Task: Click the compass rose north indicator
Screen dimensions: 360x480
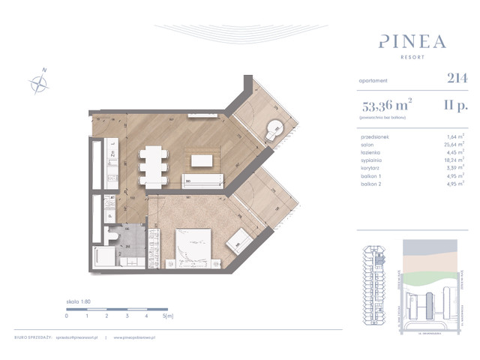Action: pyautogui.click(x=38, y=81)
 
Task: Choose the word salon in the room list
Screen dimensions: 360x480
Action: pyautogui.click(x=368, y=144)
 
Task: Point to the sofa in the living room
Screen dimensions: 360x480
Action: pyautogui.click(x=202, y=179)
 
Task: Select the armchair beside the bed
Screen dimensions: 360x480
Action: pyautogui.click(x=239, y=240)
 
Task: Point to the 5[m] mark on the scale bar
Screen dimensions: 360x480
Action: pyautogui.click(x=169, y=316)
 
